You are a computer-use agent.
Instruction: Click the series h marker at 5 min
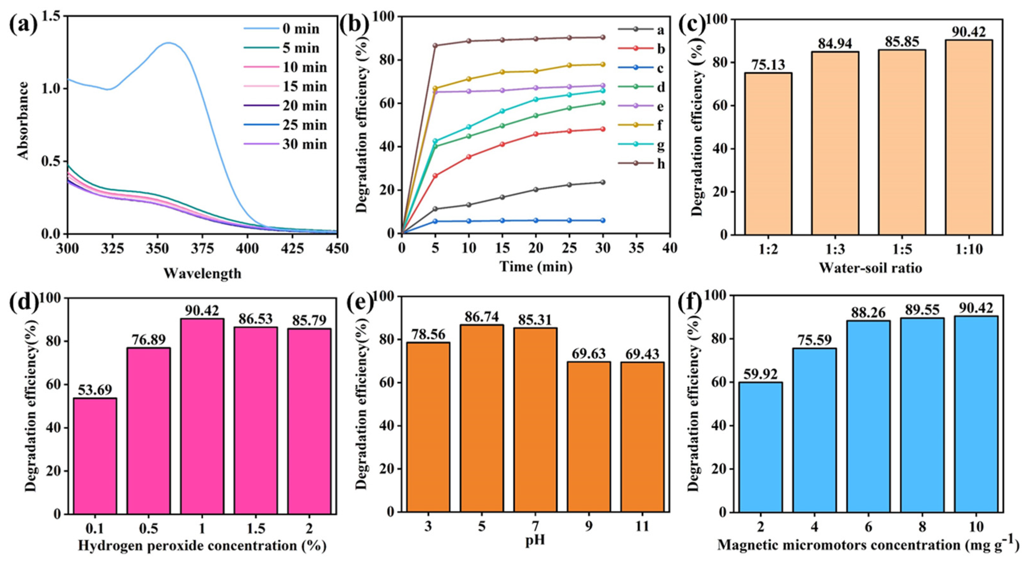coord(435,45)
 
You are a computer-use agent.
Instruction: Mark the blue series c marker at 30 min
coord(603,220)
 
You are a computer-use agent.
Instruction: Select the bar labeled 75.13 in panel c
coord(768,153)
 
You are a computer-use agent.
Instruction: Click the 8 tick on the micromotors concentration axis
coord(922,527)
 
